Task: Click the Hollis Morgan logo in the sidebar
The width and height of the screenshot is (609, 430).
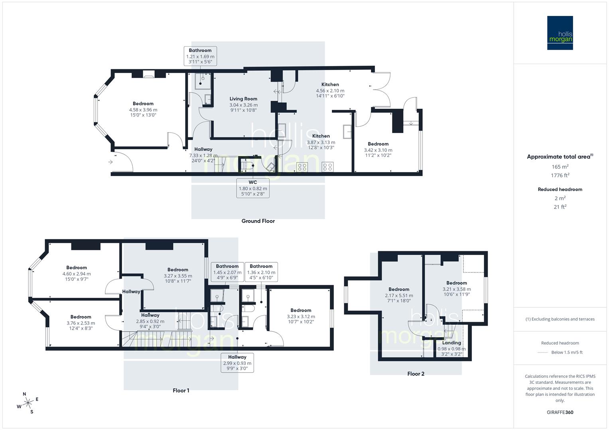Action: [560, 33]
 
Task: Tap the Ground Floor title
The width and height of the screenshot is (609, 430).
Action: [258, 221]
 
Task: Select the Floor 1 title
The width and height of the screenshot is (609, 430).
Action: [181, 391]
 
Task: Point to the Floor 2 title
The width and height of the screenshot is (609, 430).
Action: [416, 374]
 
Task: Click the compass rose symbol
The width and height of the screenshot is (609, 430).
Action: [28, 403]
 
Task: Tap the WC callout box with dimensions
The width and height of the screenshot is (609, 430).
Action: [253, 188]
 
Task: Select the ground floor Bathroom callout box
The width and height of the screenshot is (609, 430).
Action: [200, 56]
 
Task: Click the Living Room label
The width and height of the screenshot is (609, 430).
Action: [243, 99]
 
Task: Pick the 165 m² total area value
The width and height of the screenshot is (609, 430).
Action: [560, 167]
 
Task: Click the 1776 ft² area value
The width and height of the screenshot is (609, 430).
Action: [560, 175]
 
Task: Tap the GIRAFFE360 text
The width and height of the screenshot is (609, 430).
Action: [560, 412]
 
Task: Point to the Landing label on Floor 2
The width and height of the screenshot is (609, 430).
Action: [451, 343]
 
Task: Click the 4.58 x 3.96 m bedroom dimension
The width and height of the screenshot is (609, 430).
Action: [143, 110]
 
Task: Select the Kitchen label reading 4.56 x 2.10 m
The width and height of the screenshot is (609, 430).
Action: [330, 90]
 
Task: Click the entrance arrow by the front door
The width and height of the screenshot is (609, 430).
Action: [110, 162]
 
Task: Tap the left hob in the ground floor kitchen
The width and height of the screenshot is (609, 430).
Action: [302, 167]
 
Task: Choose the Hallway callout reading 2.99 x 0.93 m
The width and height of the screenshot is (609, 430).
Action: [237, 363]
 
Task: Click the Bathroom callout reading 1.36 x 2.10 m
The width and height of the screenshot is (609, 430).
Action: [261, 272]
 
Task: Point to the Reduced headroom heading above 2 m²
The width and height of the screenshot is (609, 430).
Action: [560, 190]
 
